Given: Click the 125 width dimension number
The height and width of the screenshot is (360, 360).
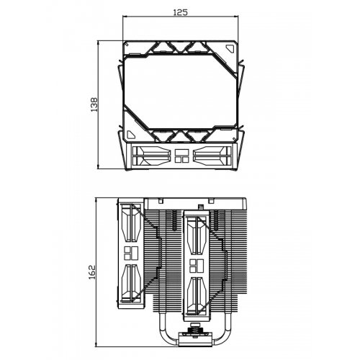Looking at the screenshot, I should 181,12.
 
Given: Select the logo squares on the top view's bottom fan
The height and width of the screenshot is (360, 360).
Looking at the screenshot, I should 181,157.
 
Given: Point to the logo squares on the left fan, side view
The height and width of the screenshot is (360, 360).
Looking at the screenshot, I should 131,253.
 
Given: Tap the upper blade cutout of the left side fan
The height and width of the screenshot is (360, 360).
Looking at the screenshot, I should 130,225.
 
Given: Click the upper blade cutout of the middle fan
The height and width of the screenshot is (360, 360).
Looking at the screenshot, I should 197,238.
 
